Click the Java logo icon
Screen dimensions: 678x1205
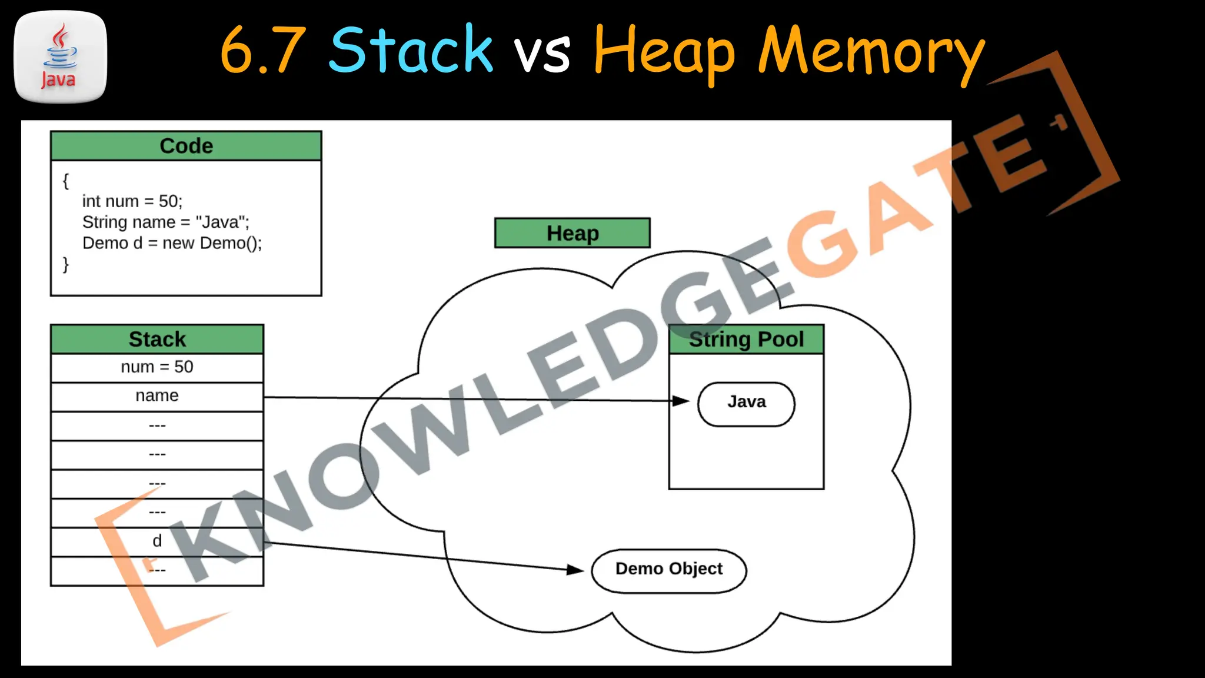(60, 56)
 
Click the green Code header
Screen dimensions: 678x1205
(186, 146)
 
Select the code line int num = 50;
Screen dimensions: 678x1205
(132, 201)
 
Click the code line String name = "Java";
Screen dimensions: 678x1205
(166, 222)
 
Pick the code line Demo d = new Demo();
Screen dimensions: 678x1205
(172, 243)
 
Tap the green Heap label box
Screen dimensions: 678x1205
(572, 233)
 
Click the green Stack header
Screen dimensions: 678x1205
(157, 340)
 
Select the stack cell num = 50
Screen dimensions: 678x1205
(157, 367)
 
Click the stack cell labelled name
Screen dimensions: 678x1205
(157, 396)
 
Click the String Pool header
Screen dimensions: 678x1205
(746, 340)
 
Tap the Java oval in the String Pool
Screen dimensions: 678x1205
(746, 403)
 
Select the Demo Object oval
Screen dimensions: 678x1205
(668, 570)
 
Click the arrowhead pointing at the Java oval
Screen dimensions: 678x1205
(681, 401)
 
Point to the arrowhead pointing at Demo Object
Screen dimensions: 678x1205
(575, 570)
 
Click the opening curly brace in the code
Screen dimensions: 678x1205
(66, 181)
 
